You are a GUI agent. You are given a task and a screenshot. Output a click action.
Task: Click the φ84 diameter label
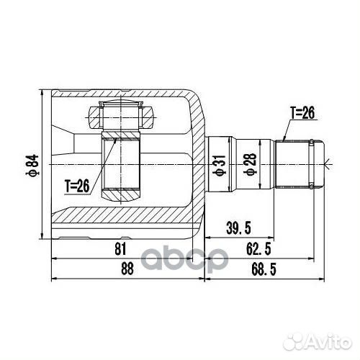click(31, 165)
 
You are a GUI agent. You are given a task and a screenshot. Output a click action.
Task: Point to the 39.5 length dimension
click(239, 228)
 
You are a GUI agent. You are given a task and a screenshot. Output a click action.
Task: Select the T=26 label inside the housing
click(76, 186)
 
